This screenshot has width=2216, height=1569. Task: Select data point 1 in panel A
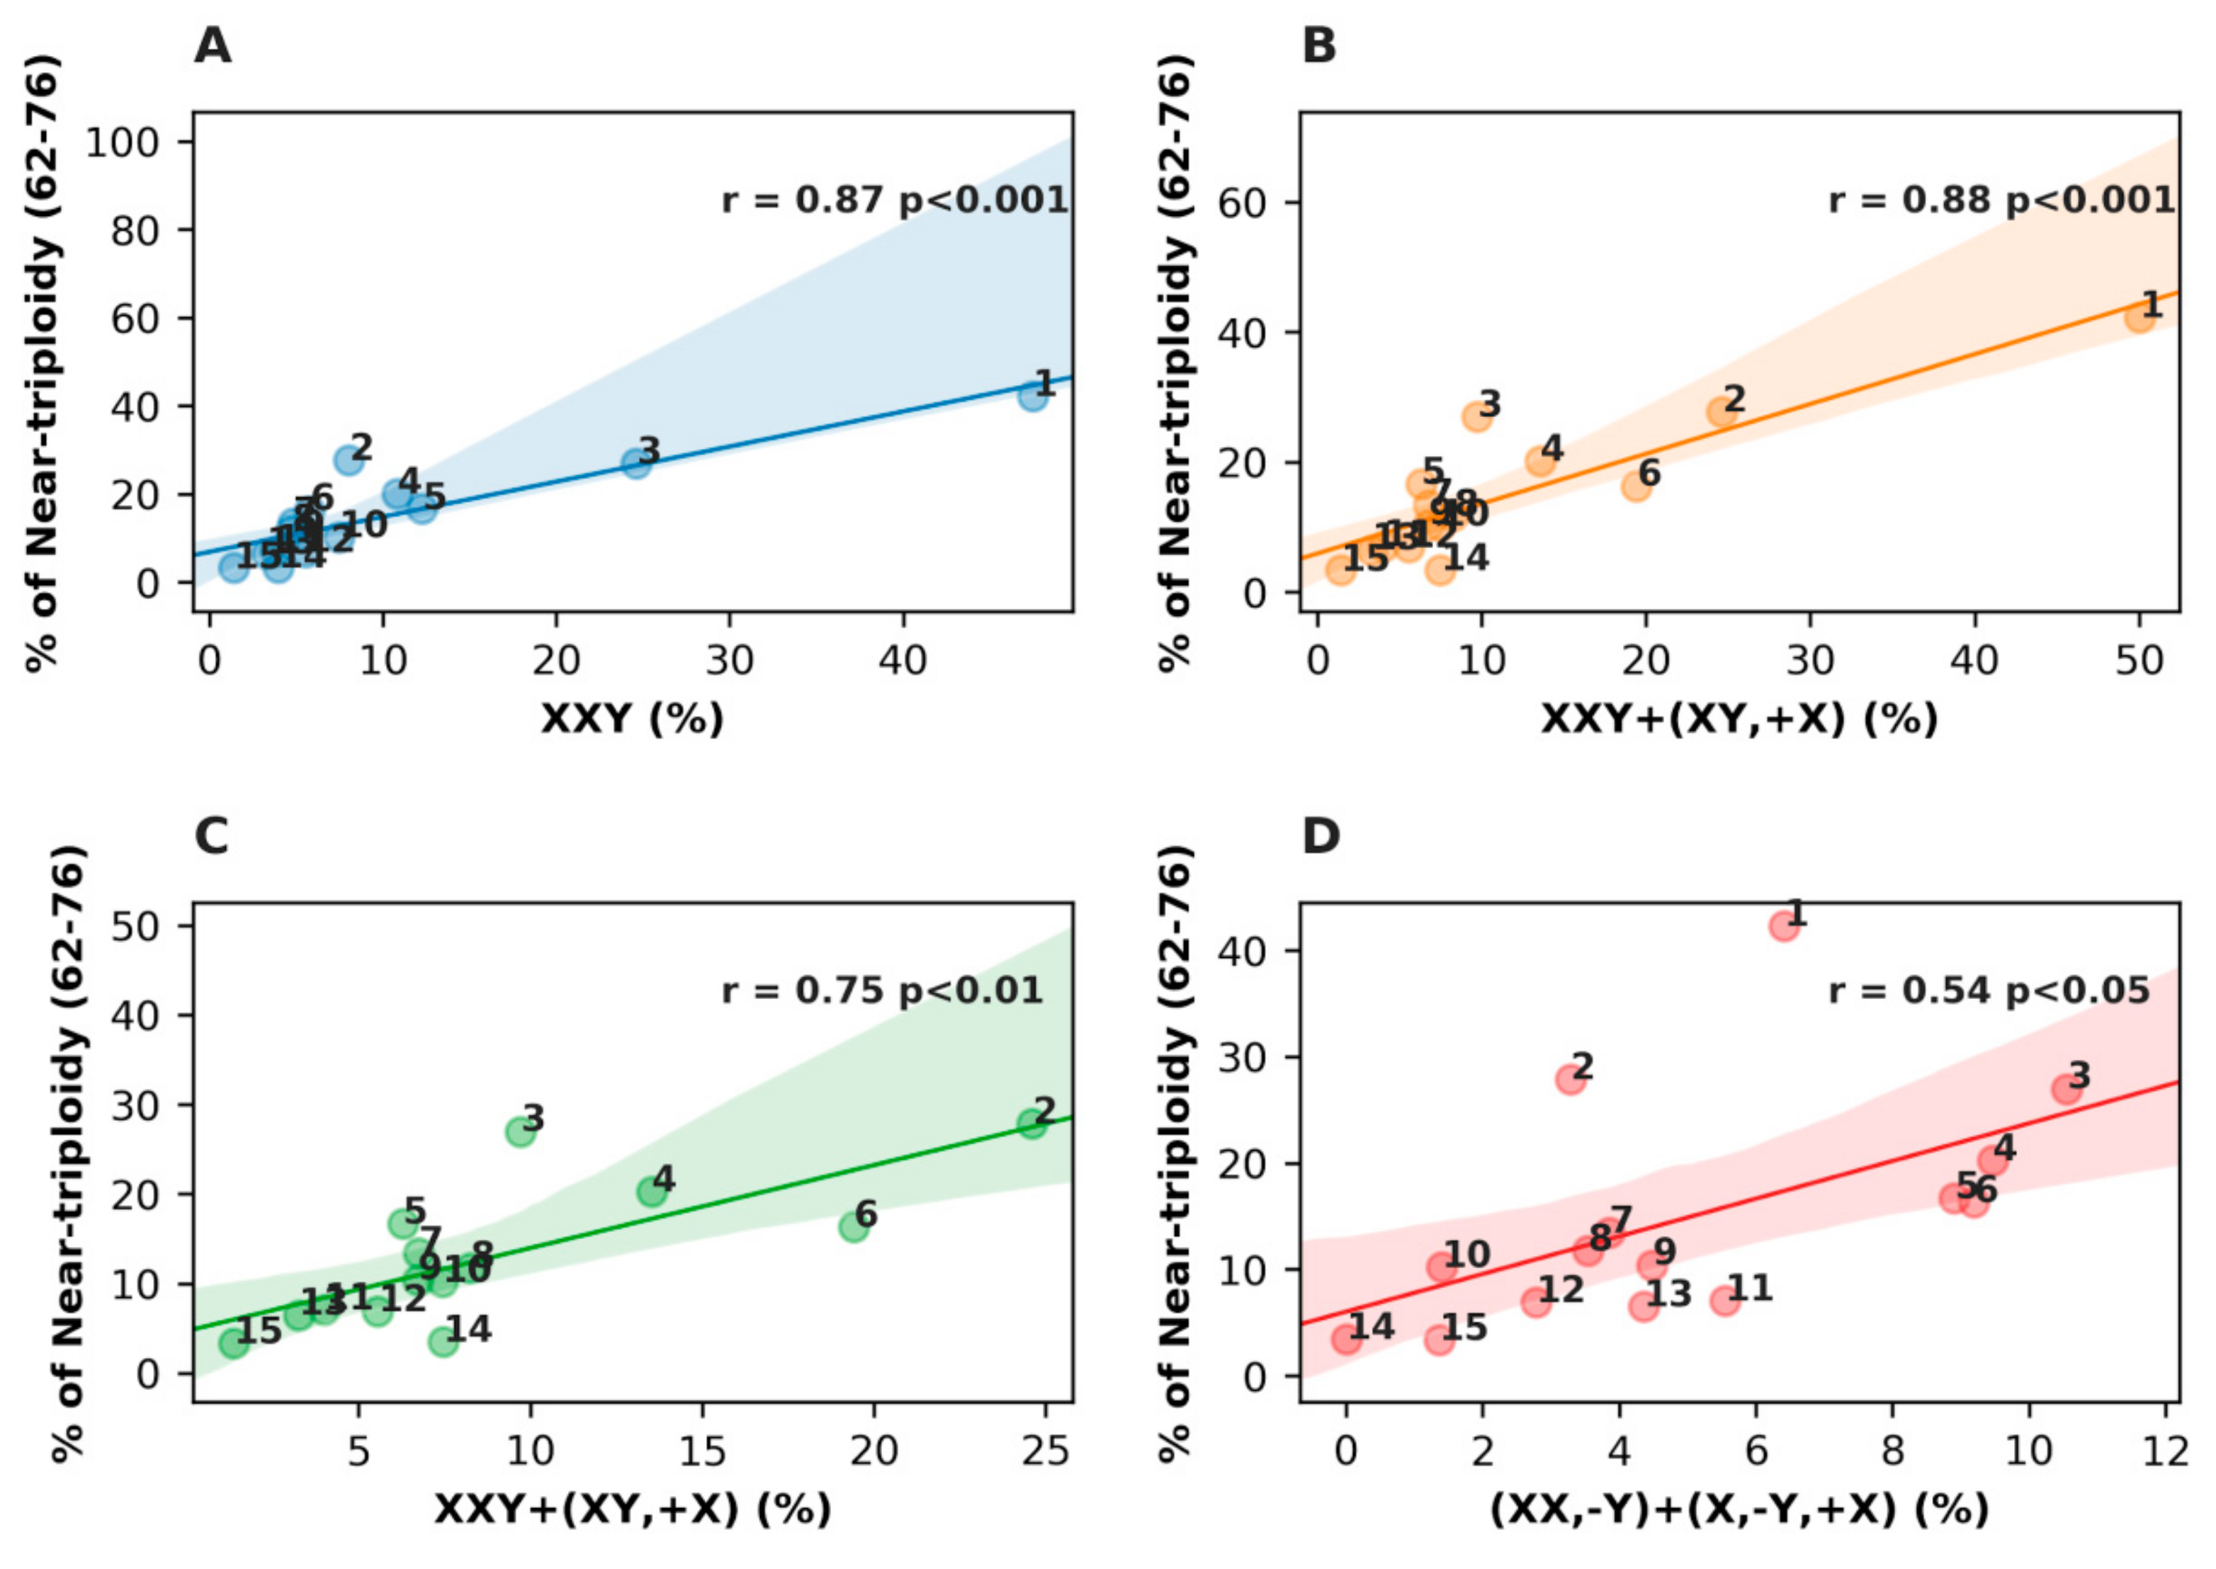pyautogui.click(x=1032, y=396)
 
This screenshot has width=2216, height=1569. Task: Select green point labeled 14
pyautogui.click(x=443, y=1341)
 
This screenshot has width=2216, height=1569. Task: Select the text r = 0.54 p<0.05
pyautogui.click(x=1989, y=991)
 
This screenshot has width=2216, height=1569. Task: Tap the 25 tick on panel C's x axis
pyautogui.click(x=1045, y=1451)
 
